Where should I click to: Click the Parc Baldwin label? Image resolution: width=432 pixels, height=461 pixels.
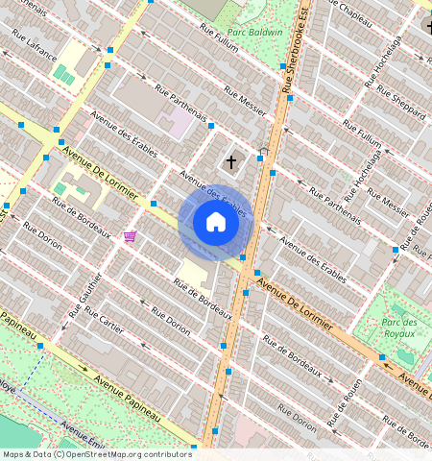[x=259, y=32]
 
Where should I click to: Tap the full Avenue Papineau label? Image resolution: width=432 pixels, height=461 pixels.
[x=127, y=392]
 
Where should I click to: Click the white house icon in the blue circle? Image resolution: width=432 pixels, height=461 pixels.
[x=216, y=223]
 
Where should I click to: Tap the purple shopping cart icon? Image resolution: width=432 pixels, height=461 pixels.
[x=130, y=236]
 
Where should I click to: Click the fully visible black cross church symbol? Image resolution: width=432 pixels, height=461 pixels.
[x=230, y=162]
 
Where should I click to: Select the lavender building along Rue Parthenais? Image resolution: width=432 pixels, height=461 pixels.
[x=175, y=123]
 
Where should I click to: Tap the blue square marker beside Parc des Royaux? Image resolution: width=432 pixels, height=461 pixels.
[x=382, y=357]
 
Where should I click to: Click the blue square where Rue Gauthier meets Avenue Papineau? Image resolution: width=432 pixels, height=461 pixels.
[x=41, y=345]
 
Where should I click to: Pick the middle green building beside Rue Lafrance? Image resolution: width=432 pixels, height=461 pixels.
[x=65, y=75]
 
